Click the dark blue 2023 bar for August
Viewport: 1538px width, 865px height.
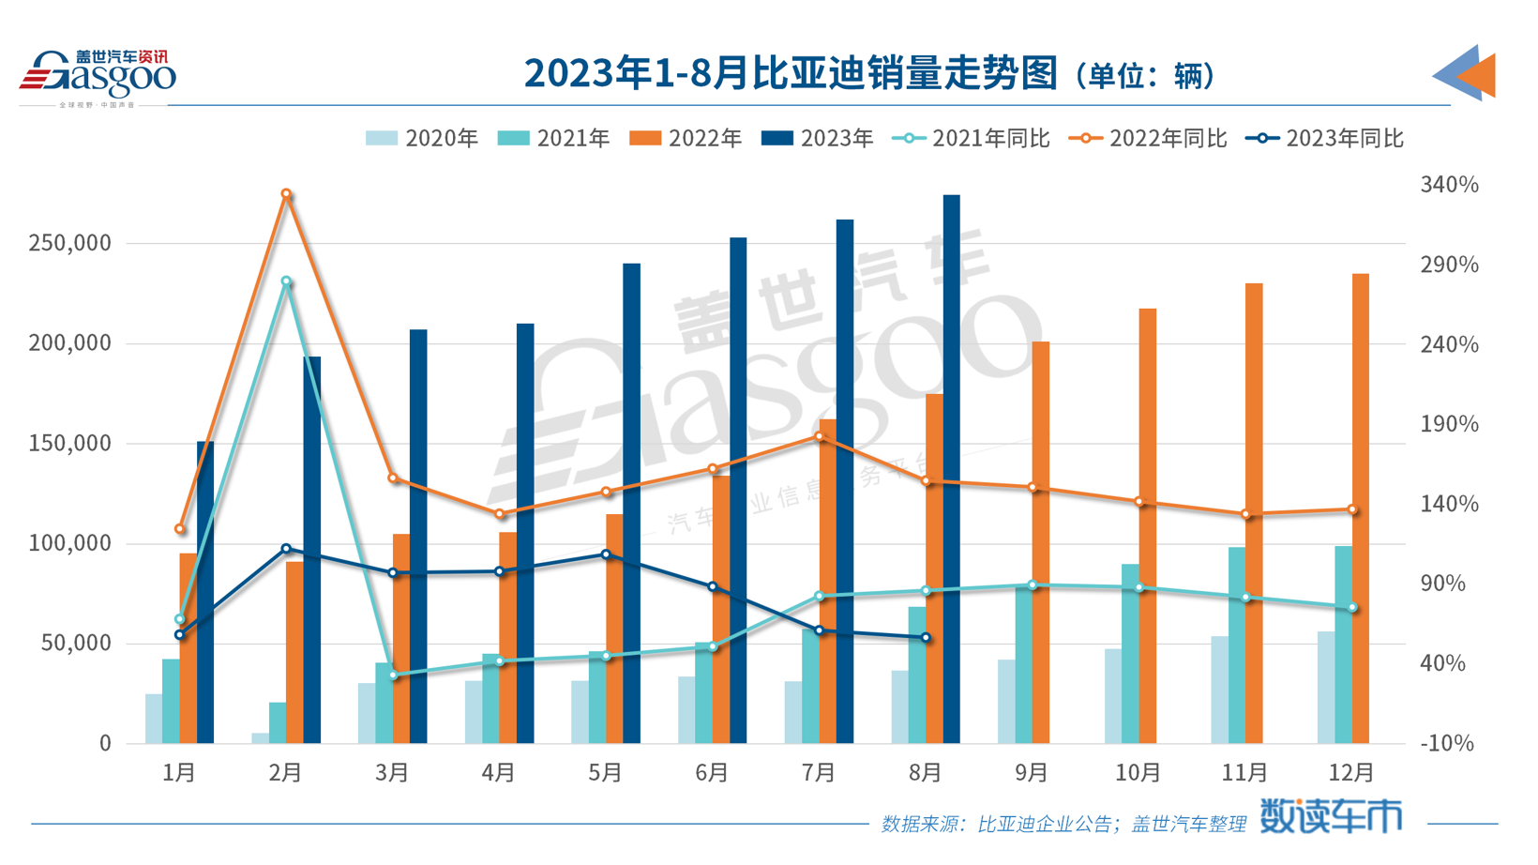click(951, 469)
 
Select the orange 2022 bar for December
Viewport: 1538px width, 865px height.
click(1360, 507)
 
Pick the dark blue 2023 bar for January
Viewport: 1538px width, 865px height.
click(205, 591)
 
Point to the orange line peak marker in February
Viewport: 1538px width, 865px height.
click(287, 195)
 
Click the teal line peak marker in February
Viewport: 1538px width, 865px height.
click(287, 281)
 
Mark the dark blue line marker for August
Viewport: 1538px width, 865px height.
click(926, 638)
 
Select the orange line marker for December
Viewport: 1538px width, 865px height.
click(1352, 510)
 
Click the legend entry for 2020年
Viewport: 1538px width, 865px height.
click(422, 139)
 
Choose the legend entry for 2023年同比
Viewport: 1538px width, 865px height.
click(1324, 139)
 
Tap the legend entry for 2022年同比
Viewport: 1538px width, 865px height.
click(1148, 139)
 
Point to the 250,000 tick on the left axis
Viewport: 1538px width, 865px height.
click(69, 243)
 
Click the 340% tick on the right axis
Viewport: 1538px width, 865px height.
click(1449, 185)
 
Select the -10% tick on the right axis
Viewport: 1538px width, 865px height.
click(1449, 744)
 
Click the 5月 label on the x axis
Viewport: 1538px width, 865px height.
click(605, 773)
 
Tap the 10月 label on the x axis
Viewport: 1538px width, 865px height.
click(1138, 773)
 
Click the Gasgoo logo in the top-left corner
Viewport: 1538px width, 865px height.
click(98, 75)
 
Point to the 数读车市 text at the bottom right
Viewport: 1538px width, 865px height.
click(1330, 817)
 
